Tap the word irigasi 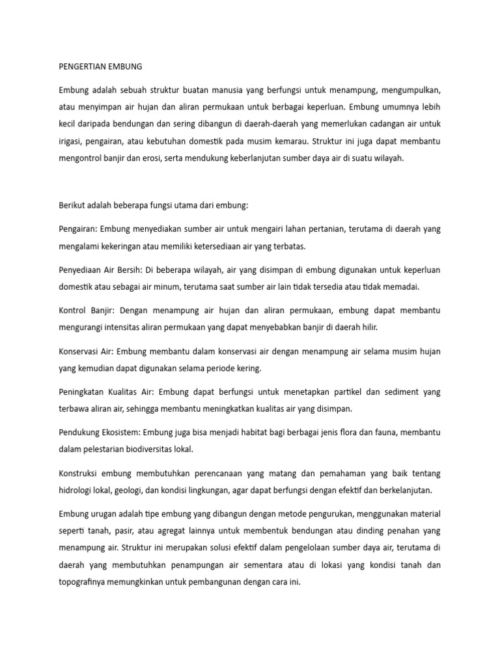pos(70,140)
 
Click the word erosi pos(173,157)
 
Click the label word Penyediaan pos(81,270)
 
